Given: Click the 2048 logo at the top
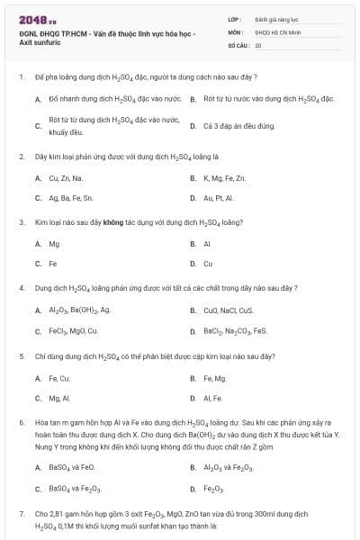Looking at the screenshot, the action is pyautogui.click(x=32, y=19).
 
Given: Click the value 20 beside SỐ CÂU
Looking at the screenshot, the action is pyautogui.click(x=258, y=44).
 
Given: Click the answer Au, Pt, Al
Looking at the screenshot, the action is pyautogui.click(x=218, y=197).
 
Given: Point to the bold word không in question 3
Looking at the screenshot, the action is pyautogui.click(x=112, y=220).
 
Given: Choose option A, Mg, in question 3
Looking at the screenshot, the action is pyautogui.click(x=54, y=243).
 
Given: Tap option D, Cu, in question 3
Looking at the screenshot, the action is pyautogui.click(x=208, y=264).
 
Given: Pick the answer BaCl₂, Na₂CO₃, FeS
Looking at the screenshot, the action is pyautogui.click(x=235, y=330).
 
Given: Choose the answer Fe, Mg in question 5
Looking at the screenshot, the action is pyautogui.click(x=214, y=377).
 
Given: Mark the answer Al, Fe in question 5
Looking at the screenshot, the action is pyautogui.click(x=212, y=397).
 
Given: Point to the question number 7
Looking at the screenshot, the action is pyautogui.click(x=21, y=512).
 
